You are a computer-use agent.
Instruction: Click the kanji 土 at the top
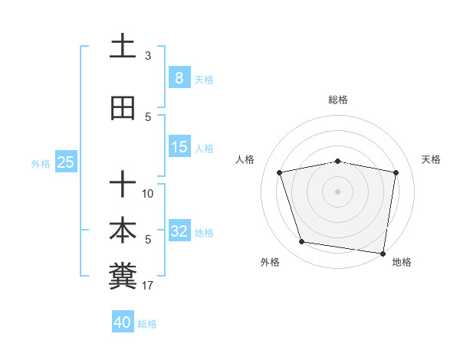(123, 46)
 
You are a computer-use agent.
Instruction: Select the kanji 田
(123, 109)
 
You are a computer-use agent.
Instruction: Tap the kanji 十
(123, 184)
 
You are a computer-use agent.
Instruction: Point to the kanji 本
(123, 229)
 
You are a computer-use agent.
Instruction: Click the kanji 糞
(123, 275)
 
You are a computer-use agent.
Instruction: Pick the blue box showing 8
(179, 78)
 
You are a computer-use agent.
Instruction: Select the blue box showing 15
(179, 147)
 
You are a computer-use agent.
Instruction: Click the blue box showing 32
(179, 231)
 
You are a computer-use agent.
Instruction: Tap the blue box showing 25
(66, 162)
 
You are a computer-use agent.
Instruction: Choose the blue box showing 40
(123, 322)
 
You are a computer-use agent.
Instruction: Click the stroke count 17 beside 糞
(148, 286)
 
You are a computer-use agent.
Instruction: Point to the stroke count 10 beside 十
(148, 194)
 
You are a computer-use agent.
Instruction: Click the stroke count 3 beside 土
(148, 56)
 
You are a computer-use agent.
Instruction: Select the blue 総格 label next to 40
(147, 324)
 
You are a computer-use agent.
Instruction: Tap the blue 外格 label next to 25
(41, 163)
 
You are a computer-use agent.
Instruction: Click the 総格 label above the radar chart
(338, 100)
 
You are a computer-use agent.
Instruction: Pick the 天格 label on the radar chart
(432, 159)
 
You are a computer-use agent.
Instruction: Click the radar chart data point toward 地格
(383, 253)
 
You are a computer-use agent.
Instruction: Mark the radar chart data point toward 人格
(280, 172)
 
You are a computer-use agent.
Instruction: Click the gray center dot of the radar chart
(338, 191)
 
